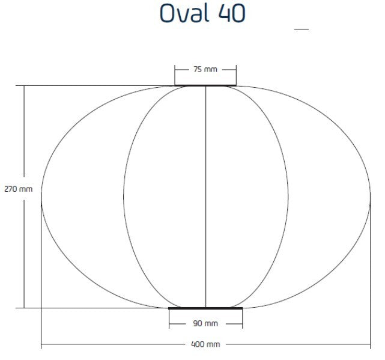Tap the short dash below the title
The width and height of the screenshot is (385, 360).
(x=301, y=29)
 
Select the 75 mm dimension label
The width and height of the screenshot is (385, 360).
(x=205, y=69)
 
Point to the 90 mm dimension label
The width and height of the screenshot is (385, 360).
(x=205, y=324)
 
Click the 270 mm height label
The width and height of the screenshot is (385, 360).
(x=18, y=189)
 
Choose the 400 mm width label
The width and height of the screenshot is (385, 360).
(x=205, y=345)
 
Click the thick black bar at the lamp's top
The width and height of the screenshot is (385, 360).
(x=205, y=85)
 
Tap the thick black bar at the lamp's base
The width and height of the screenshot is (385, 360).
(x=205, y=308)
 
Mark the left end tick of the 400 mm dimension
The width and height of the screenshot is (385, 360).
(x=41, y=345)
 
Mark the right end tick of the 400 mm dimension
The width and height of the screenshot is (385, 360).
(x=370, y=345)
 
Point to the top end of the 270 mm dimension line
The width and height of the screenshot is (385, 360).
(x=25, y=85)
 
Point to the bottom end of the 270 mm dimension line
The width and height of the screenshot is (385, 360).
(x=25, y=308)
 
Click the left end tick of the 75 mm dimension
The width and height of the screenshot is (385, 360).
(x=175, y=70)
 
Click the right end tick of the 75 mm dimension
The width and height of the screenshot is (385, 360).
(x=236, y=70)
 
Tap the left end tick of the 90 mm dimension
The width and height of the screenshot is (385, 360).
(x=169, y=324)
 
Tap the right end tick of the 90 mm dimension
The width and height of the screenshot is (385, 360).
(x=242, y=324)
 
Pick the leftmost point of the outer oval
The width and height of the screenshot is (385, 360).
(x=41, y=197)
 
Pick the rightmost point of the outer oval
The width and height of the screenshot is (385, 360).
(x=370, y=197)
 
